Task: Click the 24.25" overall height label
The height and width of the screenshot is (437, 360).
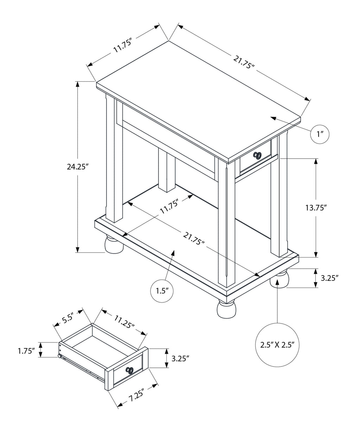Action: (x=77, y=167)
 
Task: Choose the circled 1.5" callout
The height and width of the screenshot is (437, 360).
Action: (x=162, y=291)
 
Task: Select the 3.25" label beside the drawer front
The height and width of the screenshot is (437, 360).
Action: (x=181, y=358)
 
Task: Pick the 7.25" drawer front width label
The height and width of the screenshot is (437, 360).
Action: (x=137, y=398)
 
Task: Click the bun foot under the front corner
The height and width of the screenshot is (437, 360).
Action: (x=226, y=309)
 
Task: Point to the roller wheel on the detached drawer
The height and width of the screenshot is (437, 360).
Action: (x=59, y=357)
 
